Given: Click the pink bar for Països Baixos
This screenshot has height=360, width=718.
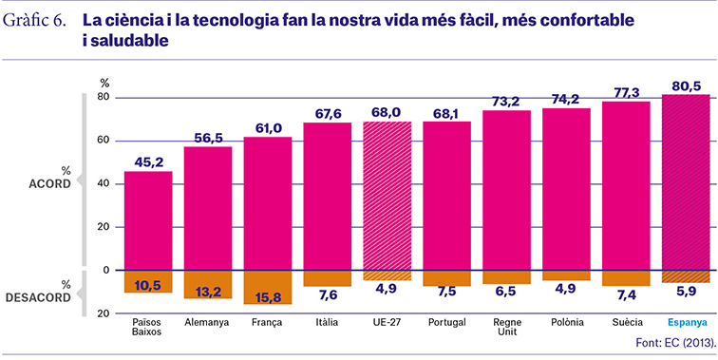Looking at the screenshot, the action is point(148,220).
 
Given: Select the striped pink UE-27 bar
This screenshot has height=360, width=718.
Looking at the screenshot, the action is point(387,196).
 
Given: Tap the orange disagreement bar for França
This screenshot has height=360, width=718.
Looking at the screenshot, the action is point(268,287).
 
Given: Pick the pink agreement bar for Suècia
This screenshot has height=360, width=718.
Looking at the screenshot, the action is point(626,186).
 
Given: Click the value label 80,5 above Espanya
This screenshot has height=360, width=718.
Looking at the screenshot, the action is point(686,86).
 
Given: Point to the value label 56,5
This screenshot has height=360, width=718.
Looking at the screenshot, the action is point(208,139).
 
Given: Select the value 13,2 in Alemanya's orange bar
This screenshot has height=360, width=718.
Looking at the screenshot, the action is point(208,292).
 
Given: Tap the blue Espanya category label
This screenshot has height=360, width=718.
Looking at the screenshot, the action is point(686,322).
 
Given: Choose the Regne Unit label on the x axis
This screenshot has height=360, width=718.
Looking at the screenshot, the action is point(506,327).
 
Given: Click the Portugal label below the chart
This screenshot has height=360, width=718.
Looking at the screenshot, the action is point(447,322).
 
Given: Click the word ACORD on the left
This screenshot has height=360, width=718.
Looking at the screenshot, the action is point(50,183).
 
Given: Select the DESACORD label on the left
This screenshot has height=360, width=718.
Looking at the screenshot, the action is point(38,297).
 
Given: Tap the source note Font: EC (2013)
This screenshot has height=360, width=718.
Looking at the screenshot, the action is point(675,343).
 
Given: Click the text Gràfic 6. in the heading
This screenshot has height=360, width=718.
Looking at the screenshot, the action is point(35,22).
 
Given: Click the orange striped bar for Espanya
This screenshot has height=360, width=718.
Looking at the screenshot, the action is point(686,276).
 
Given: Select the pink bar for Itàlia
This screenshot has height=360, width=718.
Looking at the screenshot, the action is point(328,197).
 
